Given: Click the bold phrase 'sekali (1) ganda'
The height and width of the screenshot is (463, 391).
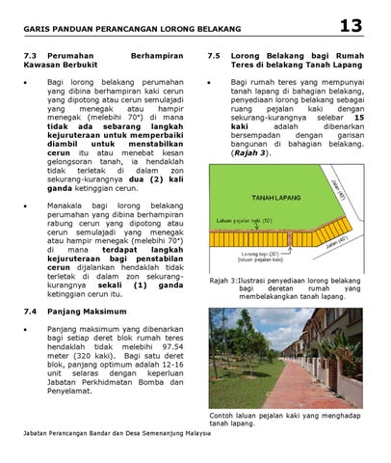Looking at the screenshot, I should [141, 286].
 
